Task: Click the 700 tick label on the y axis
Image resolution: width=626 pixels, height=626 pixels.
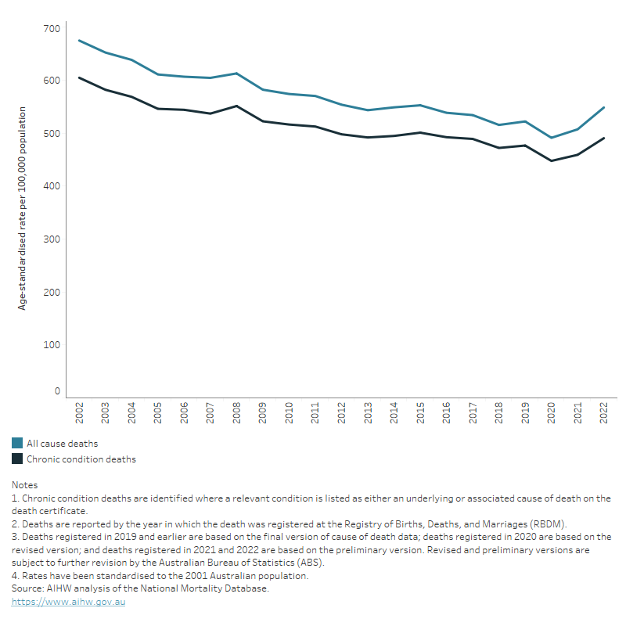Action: tap(51, 29)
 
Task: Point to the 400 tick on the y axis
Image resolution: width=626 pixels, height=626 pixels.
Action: tap(51, 186)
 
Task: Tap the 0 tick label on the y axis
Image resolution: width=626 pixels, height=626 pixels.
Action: tap(56, 391)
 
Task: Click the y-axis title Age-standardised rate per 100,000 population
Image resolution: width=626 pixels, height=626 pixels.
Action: tap(22, 208)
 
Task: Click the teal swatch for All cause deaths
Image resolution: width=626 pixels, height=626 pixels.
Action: tap(17, 444)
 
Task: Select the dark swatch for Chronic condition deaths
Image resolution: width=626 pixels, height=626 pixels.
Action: tap(17, 459)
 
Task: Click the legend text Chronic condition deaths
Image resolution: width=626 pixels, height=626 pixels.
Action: tap(81, 459)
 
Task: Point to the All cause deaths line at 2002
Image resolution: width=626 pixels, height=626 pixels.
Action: tap(80, 41)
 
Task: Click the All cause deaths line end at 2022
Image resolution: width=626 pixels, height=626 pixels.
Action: tap(603, 108)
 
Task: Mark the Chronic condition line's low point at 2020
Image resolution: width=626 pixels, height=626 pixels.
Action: tap(551, 161)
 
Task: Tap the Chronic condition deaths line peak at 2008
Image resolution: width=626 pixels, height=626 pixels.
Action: tap(236, 106)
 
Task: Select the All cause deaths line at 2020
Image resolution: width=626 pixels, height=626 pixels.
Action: tap(551, 138)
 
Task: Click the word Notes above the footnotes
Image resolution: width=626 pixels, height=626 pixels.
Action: tap(24, 485)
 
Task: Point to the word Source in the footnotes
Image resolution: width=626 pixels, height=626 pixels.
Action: tap(27, 588)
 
